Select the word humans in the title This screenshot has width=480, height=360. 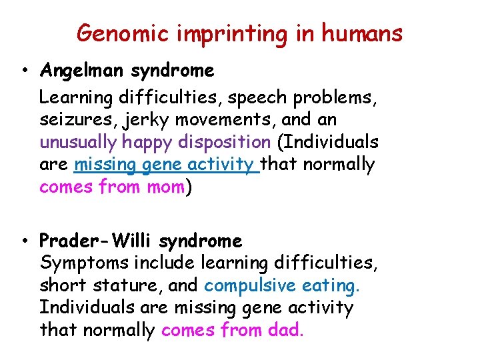pos(363,32)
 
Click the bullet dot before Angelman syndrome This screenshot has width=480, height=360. pos(24,71)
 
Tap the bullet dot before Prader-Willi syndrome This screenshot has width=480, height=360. pos(24,241)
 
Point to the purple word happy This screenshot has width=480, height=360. pos(138,143)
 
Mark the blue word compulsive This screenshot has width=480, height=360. pos(250,285)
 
